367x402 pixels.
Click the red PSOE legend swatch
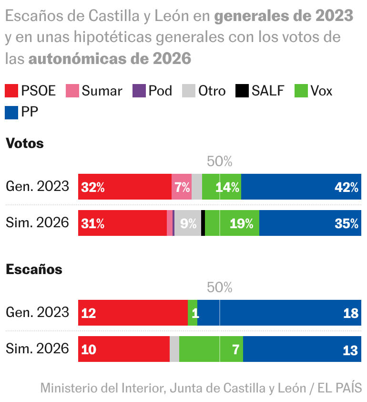click(x=11, y=91)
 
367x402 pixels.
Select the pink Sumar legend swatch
click(x=72, y=91)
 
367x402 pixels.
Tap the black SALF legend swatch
click(x=243, y=91)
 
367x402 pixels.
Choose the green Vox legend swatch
click(x=302, y=91)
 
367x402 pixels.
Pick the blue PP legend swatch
click(x=11, y=112)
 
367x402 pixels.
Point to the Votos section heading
click(x=25, y=143)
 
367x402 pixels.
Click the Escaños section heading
click(x=34, y=269)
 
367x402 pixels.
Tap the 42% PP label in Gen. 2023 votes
click(x=346, y=187)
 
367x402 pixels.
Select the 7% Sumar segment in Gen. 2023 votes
click(x=182, y=187)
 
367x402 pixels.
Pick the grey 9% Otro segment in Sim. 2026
click(x=188, y=223)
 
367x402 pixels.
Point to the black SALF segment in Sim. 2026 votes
click(x=203, y=223)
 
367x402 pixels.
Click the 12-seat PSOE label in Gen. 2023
click(x=89, y=313)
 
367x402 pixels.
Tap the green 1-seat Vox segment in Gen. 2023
click(x=193, y=313)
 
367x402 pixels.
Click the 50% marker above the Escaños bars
click(x=220, y=287)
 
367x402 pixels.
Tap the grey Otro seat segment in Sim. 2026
click(x=174, y=349)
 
